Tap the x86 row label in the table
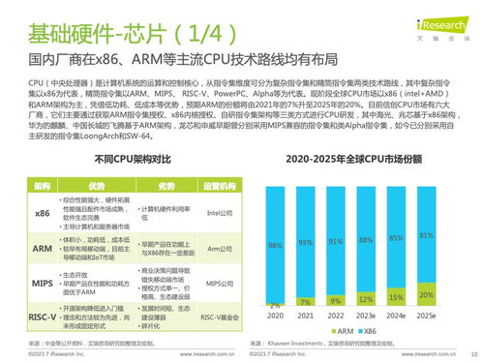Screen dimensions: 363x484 pos(42,212)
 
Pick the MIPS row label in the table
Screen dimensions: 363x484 pos(42,283)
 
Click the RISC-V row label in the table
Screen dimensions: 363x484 pos(42,316)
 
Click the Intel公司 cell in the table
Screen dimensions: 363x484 pos(222,212)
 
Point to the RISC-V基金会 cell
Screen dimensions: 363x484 pos(222,317)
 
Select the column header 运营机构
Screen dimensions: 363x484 pos(222,184)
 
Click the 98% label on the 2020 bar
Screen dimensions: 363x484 pos(275,244)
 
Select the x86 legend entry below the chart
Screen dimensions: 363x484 pos(382,330)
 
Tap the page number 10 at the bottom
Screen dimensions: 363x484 pos(472,354)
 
